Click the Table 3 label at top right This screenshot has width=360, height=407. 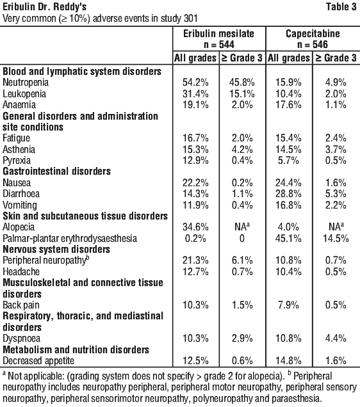pyautogui.click(x=341, y=7)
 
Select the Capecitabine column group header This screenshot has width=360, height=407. pyautogui.click(x=313, y=33)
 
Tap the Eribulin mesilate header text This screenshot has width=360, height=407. pyautogui.click(x=218, y=33)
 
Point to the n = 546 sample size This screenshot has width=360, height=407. pyautogui.click(x=313, y=44)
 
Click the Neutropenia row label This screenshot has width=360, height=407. pyautogui.click(x=26, y=83)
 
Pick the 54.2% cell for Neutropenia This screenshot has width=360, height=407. pyautogui.click(x=195, y=83)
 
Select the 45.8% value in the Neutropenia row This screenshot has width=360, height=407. pyautogui.click(x=242, y=83)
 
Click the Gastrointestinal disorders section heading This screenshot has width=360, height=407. pyautogui.click(x=56, y=172)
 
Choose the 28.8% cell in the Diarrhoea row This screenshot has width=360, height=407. pyautogui.click(x=288, y=194)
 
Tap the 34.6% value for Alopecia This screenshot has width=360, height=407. pyautogui.click(x=195, y=227)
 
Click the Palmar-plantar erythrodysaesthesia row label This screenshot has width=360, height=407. pyautogui.click(x=70, y=238)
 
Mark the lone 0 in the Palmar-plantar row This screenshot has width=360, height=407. pyautogui.click(x=242, y=238)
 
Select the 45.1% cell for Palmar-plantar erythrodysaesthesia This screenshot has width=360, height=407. pyautogui.click(x=288, y=238)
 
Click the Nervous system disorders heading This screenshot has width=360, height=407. pyautogui.click(x=56, y=249)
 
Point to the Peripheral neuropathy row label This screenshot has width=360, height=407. pyautogui.click(x=45, y=260)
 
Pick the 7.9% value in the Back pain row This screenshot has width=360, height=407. pyautogui.click(x=288, y=305)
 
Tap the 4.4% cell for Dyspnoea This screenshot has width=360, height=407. pyautogui.click(x=336, y=339)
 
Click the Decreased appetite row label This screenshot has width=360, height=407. pyautogui.click(x=38, y=360)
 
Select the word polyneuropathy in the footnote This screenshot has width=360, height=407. pyautogui.click(x=222, y=398)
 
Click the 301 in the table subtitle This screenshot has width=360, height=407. pyautogui.click(x=191, y=19)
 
